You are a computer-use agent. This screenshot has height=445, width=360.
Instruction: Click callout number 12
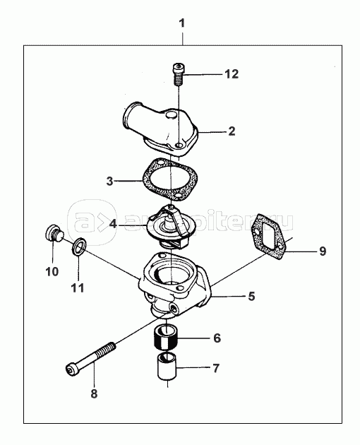click(232, 74)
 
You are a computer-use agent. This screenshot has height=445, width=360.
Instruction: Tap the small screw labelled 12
click(179, 73)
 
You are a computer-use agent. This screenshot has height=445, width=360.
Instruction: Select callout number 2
click(232, 131)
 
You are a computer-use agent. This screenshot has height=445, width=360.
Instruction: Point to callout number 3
click(110, 181)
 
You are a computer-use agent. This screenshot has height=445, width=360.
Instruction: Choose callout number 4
click(113, 224)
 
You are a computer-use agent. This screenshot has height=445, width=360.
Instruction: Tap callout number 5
click(251, 296)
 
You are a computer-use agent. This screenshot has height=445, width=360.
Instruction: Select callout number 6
click(217, 338)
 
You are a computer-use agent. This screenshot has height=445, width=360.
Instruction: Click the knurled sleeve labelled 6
click(166, 338)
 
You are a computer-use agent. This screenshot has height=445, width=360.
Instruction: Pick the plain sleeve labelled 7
click(167, 366)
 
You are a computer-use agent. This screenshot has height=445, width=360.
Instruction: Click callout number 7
click(216, 369)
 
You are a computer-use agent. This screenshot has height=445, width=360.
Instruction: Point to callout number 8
click(94, 394)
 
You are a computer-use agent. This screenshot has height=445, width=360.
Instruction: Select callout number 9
click(323, 251)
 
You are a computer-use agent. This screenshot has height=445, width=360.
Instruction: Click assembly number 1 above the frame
click(182, 23)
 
